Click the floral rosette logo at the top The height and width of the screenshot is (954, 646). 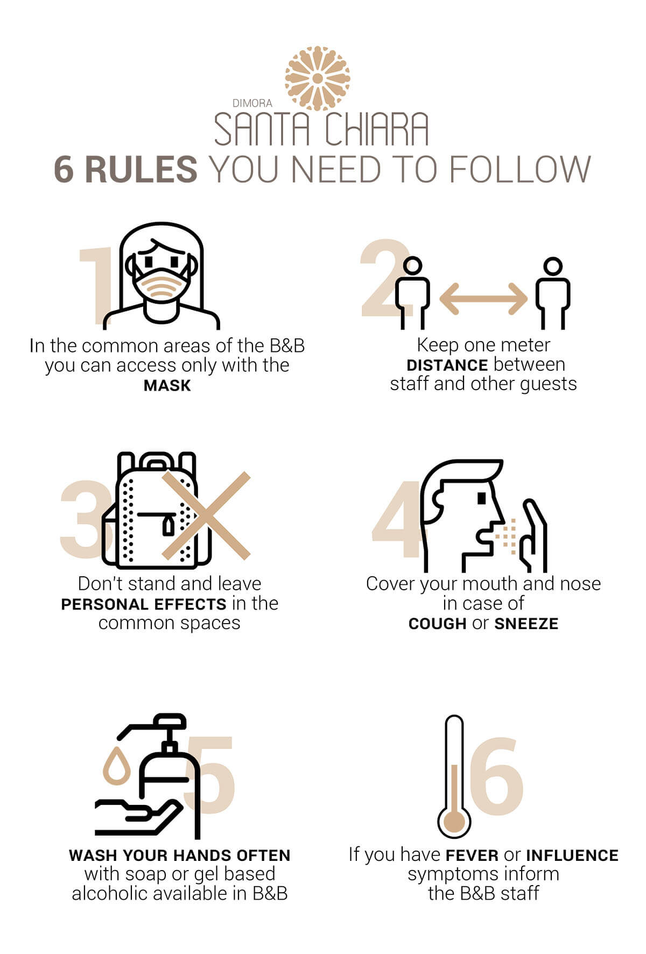pos(318,79)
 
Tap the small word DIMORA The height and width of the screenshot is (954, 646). pos(252,103)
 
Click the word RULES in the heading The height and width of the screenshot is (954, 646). pos(141,170)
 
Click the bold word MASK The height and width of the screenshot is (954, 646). pos(167,386)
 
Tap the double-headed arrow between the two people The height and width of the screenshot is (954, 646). pos(483,298)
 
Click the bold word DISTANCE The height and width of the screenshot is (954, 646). pos(447,365)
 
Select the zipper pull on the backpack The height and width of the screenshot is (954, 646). pos(168,525)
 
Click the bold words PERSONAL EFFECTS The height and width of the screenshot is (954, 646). pos(144,604)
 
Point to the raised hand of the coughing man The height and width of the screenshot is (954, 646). pos(533,535)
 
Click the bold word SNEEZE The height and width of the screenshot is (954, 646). pos(526,624)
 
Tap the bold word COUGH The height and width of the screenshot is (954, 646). pos(437,624)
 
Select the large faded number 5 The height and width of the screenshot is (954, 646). pos(210,775)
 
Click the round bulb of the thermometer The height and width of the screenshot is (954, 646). pos(454,822)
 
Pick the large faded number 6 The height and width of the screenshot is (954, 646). pos(496,776)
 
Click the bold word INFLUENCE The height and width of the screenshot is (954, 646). pos(572,856)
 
